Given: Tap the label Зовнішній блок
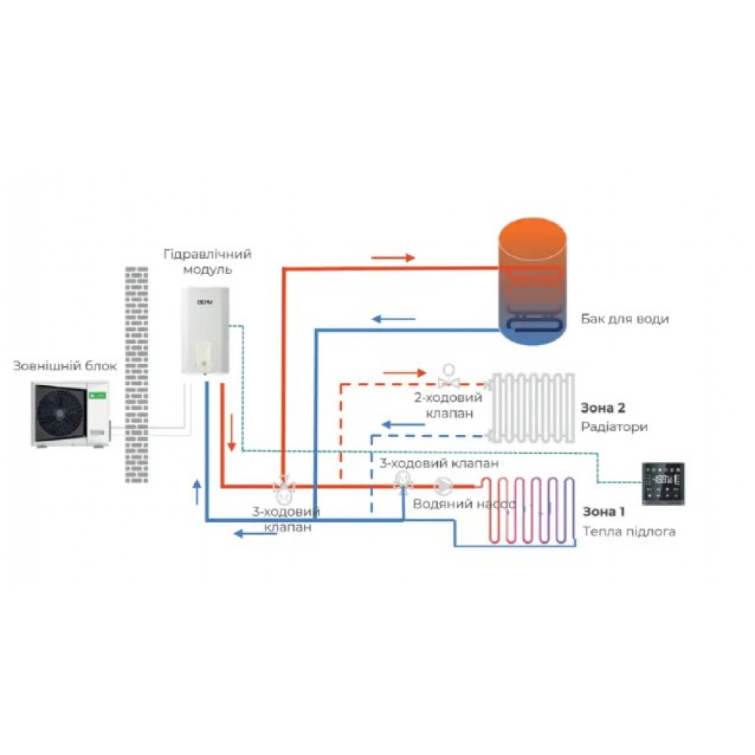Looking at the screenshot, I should click(65, 367).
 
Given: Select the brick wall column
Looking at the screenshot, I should click(137, 373).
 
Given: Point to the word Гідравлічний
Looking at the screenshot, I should click(207, 254).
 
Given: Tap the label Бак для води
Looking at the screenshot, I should click(624, 319).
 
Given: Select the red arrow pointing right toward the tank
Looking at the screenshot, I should click(393, 257).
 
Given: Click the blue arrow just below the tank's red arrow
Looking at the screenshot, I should click(393, 319).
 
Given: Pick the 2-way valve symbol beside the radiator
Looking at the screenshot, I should click(450, 374).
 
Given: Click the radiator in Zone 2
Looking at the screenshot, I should click(532, 406).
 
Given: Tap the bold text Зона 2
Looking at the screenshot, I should click(602, 408).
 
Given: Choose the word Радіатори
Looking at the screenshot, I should click(614, 427).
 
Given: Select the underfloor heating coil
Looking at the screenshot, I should click(528, 510).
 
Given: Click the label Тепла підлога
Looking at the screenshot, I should click(628, 532).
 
